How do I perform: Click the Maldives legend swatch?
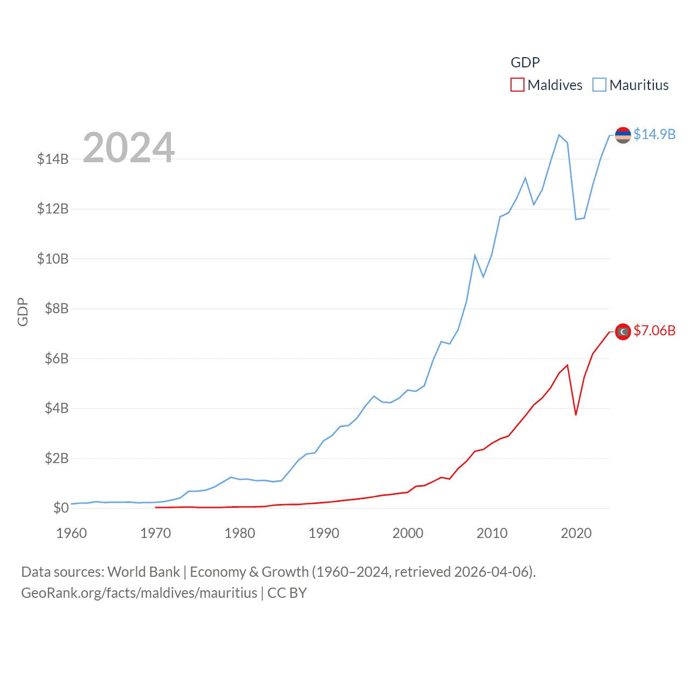pyautogui.click(x=517, y=85)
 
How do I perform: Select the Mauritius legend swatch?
pyautogui.click(x=599, y=85)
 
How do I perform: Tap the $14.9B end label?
pyautogui.click(x=654, y=134)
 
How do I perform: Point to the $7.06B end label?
pyautogui.click(x=654, y=330)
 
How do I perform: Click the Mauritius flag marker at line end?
pyautogui.click(x=623, y=135)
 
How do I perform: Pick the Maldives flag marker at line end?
pyautogui.click(x=623, y=332)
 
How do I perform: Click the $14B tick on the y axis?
pyautogui.click(x=53, y=159)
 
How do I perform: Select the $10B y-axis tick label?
pyautogui.click(x=53, y=259)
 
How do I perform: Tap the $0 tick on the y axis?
pyautogui.click(x=61, y=508)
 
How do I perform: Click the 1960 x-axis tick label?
pyautogui.click(x=71, y=533)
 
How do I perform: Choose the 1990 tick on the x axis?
pyautogui.click(x=323, y=533)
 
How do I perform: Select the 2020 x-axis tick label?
pyautogui.click(x=576, y=533)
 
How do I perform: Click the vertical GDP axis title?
pyautogui.click(x=23, y=312)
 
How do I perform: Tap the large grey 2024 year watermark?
pyautogui.click(x=128, y=147)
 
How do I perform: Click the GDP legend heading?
pyautogui.click(x=525, y=63)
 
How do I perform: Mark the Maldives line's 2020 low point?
pyautogui.click(x=576, y=415)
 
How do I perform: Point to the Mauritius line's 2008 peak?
pyautogui.click(x=475, y=255)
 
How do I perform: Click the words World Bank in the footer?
pyautogui.click(x=143, y=572)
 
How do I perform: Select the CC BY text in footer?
pyautogui.click(x=287, y=593)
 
